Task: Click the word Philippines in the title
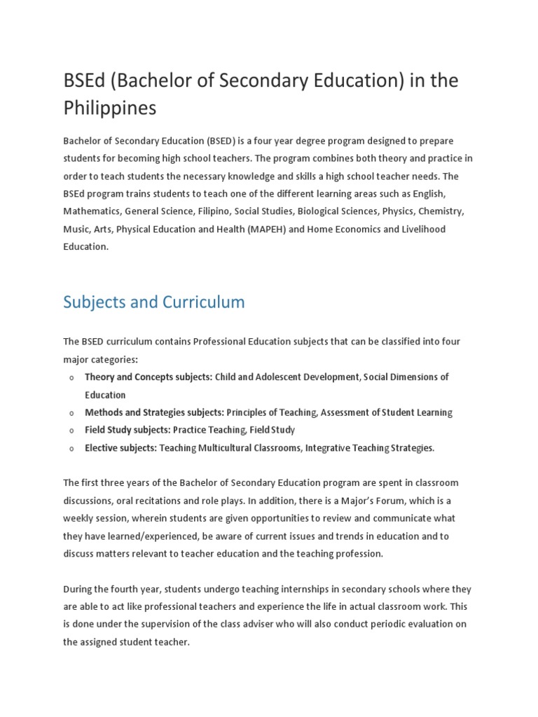tap(110, 109)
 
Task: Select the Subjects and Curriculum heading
tap(154, 302)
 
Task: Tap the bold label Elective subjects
tap(120, 448)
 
